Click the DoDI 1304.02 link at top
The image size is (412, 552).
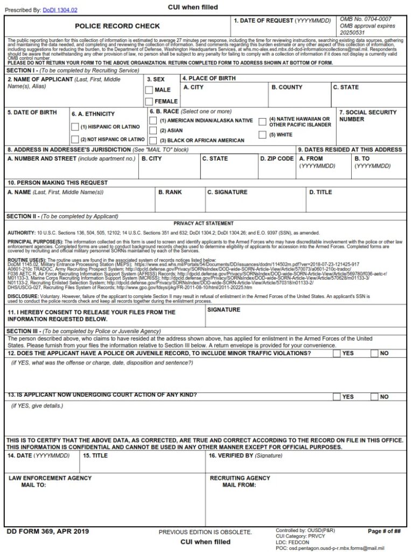point(59,10)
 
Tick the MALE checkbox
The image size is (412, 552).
point(149,90)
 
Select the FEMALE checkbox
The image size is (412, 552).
point(149,101)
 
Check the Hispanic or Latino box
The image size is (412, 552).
point(75,127)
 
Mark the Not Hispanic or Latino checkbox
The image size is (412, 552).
point(75,139)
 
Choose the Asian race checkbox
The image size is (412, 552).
point(153,130)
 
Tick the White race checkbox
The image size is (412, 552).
point(263,135)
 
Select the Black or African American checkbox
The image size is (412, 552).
point(153,140)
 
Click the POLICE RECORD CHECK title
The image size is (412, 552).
point(117,26)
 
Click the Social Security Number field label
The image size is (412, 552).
point(368,116)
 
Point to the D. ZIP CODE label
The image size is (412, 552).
point(277,159)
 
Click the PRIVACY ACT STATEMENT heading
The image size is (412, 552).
point(204,223)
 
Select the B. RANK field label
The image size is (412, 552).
point(170,192)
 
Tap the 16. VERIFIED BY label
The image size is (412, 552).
point(246,456)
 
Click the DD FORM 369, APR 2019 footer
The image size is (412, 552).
point(47,532)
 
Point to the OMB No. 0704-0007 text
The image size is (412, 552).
point(366,19)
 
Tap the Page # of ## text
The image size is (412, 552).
point(384,532)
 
